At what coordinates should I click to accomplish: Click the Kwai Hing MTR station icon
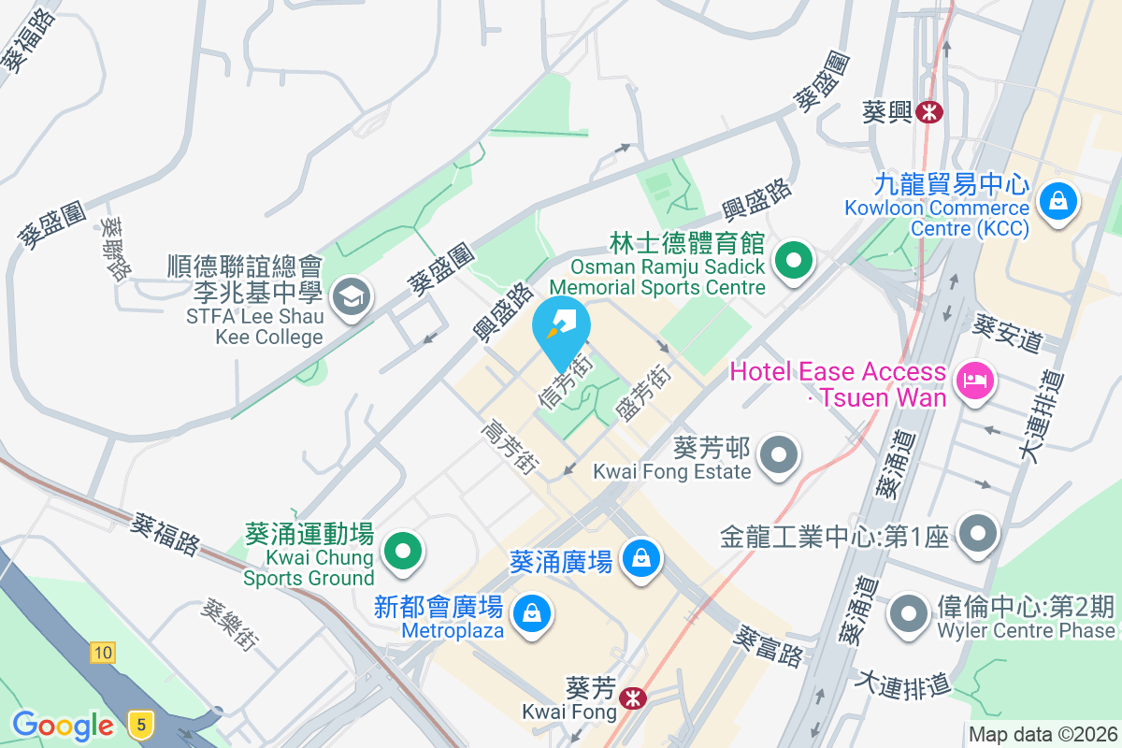[x=929, y=112]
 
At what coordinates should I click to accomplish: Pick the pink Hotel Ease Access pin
[x=973, y=381]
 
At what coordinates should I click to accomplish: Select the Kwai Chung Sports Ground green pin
[x=403, y=550]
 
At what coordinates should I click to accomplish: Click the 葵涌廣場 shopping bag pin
[x=640, y=560]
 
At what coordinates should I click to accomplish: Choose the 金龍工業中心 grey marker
[x=978, y=535]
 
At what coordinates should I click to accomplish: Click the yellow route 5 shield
[x=140, y=723]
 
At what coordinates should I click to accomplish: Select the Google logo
[x=63, y=725]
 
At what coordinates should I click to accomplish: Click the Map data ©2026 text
[x=1043, y=735]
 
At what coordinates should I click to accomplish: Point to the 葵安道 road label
[x=1007, y=333]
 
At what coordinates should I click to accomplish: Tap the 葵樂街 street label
[x=229, y=625]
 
